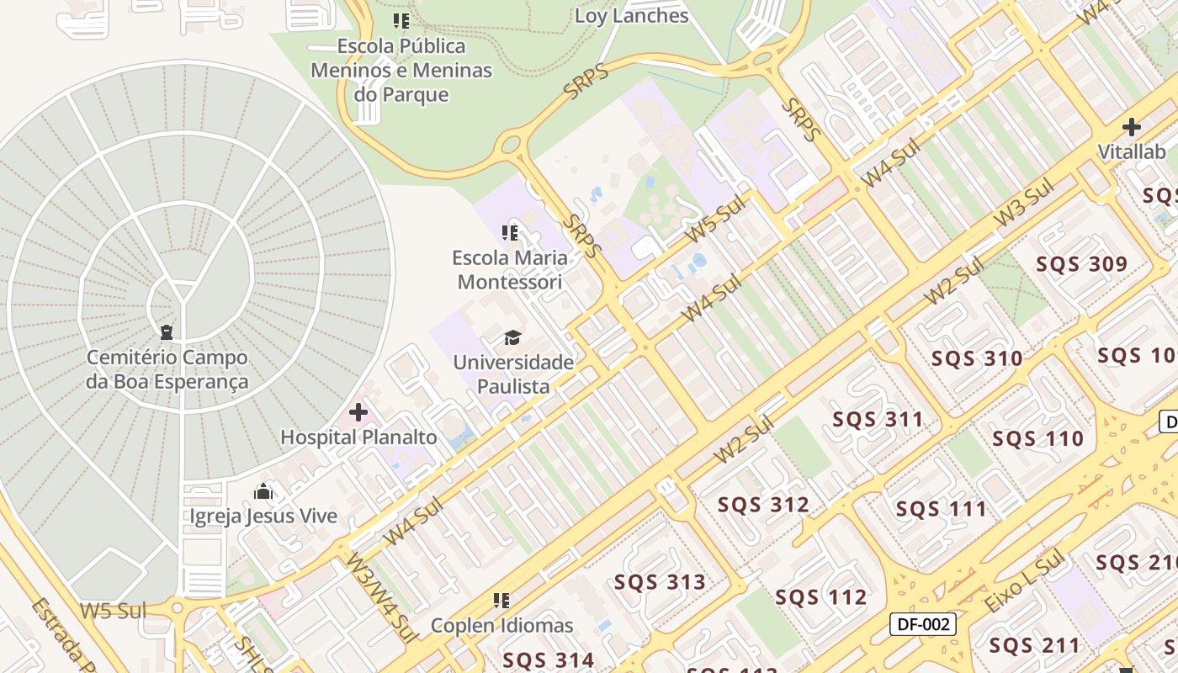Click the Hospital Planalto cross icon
click(358, 412)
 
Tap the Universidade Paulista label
click(513, 374)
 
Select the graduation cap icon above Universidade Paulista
click(512, 338)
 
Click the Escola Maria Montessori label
click(510, 269)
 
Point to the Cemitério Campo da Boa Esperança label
click(167, 369)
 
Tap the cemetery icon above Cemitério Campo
click(167, 332)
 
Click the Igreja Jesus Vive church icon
click(263, 491)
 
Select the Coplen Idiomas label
click(501, 626)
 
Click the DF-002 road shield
click(923, 624)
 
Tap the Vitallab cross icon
click(1132, 128)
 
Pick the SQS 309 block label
click(1081, 264)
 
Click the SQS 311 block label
click(878, 419)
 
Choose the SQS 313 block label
click(660, 582)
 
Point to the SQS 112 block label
click(820, 597)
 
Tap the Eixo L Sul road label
click(1024, 582)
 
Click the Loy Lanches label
click(631, 16)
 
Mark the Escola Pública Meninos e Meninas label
click(401, 70)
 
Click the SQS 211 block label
click(1034, 646)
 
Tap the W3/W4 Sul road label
click(382, 597)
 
